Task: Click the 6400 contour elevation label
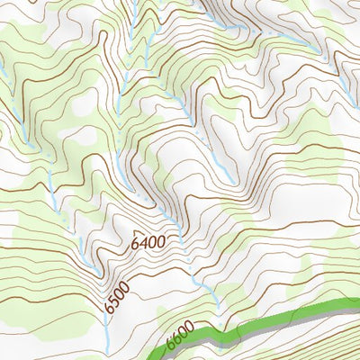click(147, 242)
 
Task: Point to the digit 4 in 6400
click(142, 243)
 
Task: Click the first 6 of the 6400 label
click(134, 245)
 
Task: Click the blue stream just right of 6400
click(180, 236)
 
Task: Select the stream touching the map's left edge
click(4, 72)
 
